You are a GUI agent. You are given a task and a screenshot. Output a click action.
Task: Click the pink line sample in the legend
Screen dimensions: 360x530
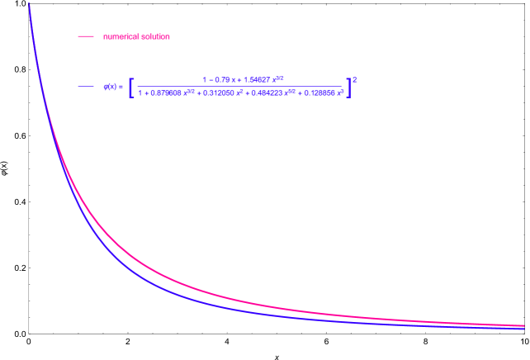tap(85, 36)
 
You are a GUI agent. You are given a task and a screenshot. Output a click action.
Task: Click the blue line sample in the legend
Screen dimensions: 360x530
tap(85, 87)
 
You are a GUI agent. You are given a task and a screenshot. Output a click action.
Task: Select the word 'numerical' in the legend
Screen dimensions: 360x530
tap(121, 36)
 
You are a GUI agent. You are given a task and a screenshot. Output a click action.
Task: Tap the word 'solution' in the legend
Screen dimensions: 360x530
tap(155, 36)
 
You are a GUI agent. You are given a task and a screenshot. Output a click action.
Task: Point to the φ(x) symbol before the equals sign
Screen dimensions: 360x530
tap(109, 87)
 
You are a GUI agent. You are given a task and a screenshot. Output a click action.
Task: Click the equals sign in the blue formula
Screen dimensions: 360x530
tap(121, 87)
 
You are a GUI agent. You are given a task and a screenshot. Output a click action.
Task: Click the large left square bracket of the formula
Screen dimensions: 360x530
tap(131, 87)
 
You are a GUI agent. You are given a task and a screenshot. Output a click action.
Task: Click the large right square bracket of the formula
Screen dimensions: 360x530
tap(348, 87)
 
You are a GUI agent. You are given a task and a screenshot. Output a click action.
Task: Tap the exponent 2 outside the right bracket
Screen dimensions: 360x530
tap(355, 79)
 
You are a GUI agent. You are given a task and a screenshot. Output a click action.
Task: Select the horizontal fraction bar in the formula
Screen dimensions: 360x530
tap(239, 86)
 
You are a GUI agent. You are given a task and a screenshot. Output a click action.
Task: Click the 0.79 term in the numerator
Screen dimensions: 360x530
tap(220, 79)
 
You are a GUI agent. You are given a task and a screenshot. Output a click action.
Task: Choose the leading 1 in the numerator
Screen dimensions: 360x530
tap(204, 79)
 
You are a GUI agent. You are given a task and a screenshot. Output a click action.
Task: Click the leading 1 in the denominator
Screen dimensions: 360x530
tap(140, 93)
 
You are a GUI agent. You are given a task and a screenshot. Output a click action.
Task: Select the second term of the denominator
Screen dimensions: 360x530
tap(166, 93)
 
